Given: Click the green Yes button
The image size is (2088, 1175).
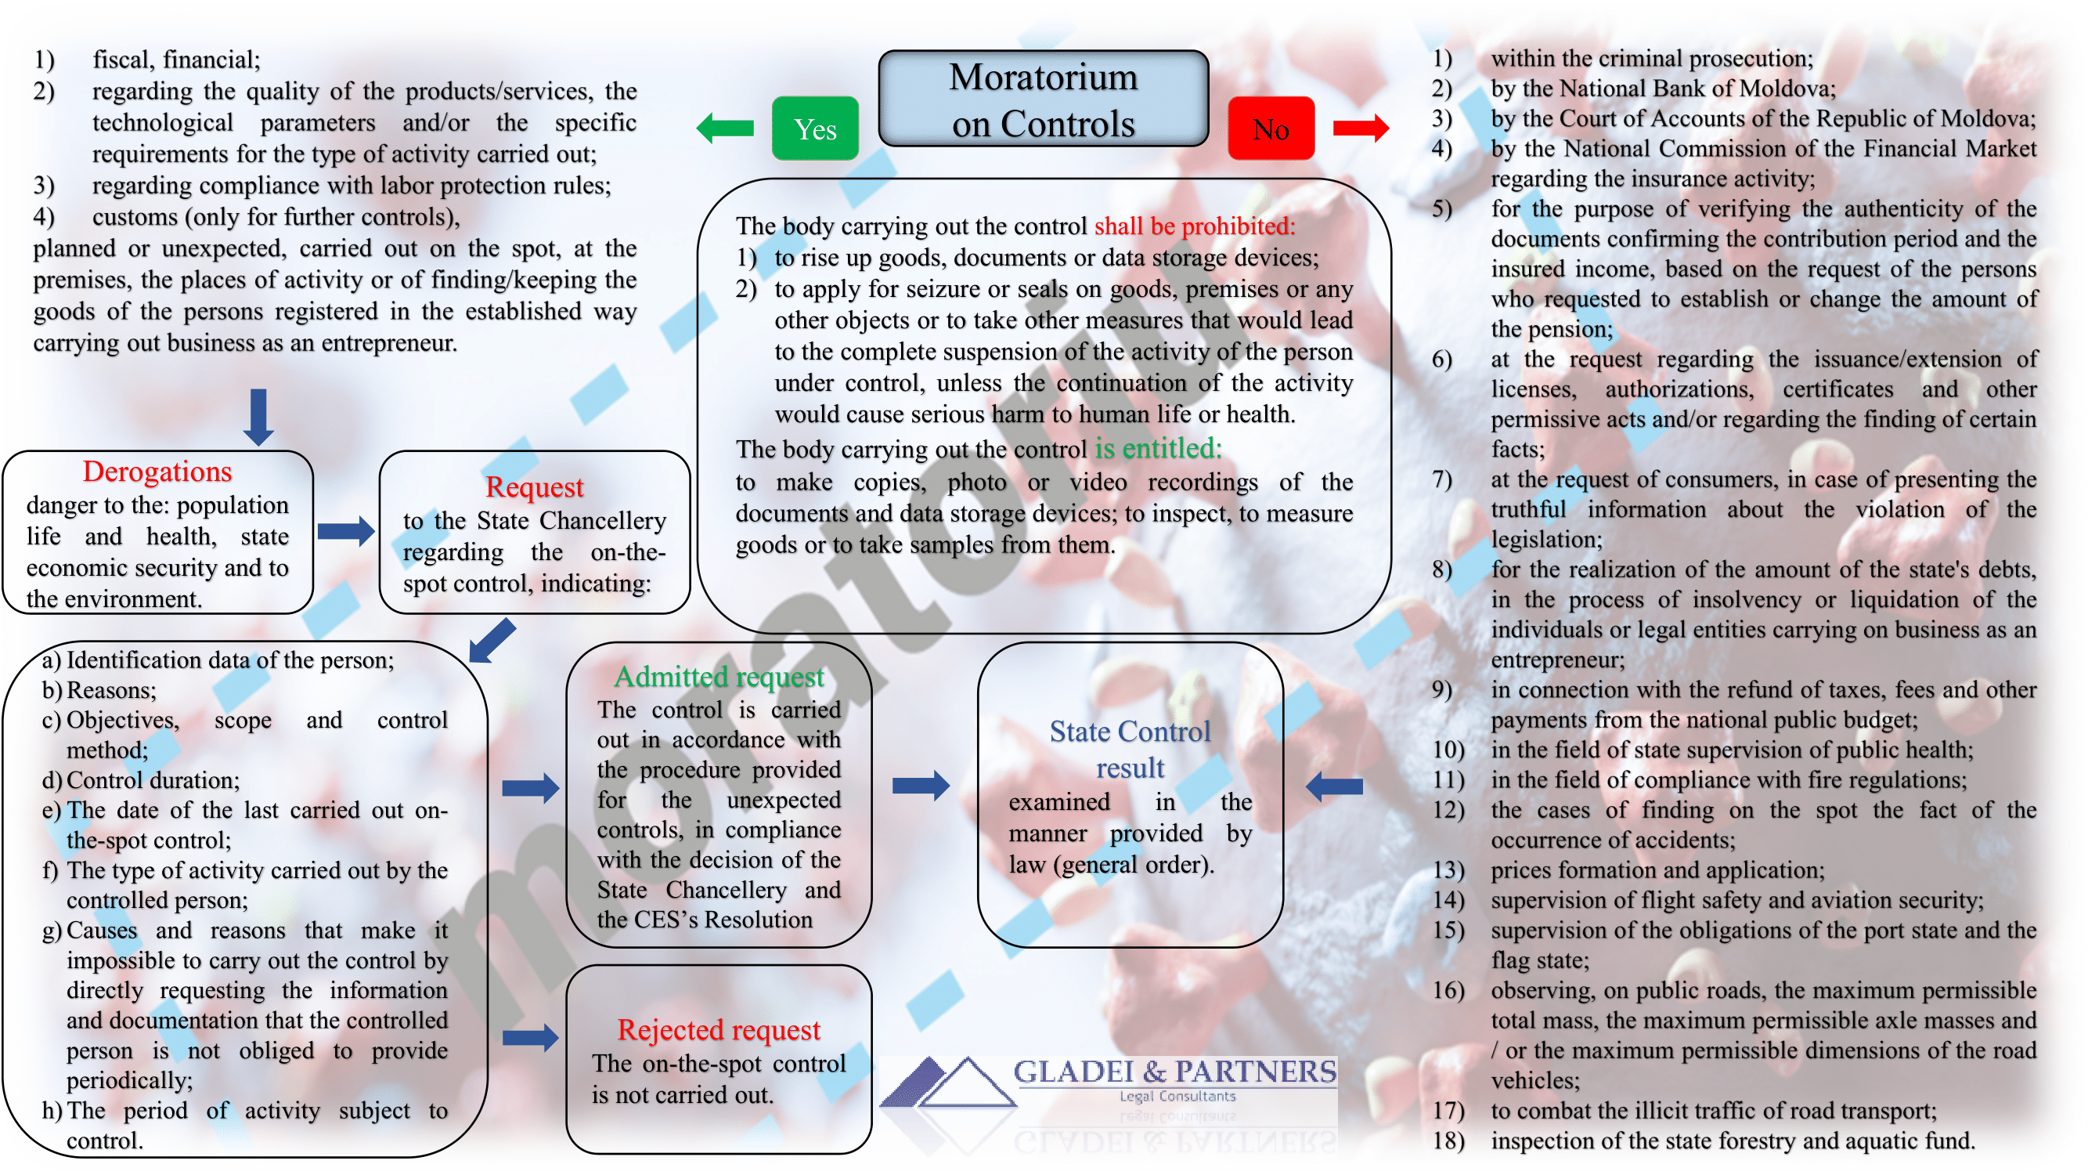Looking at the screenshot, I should (x=815, y=128).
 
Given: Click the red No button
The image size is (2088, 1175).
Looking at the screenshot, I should (x=1270, y=128).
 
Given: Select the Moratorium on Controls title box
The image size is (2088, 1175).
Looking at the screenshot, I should (x=1043, y=99).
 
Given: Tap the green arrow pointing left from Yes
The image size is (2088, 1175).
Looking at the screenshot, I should (x=725, y=128).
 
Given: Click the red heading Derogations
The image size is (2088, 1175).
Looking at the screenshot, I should (x=157, y=471).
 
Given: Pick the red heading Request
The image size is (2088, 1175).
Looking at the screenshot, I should (x=534, y=486).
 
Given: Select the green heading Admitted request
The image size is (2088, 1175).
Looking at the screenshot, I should (x=718, y=676).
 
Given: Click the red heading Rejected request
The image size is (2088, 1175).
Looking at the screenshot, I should (x=718, y=1029).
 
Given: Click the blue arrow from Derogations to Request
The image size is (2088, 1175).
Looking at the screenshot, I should (x=346, y=532).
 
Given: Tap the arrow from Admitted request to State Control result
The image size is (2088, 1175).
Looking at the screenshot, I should (x=921, y=785).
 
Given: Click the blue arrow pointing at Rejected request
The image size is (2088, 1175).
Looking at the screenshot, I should (x=530, y=1036).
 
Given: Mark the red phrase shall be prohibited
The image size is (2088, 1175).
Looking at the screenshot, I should (x=1194, y=226).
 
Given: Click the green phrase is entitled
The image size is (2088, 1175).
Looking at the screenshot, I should (x=1157, y=448).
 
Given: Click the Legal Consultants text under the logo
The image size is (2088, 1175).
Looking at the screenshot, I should (x=1177, y=1097).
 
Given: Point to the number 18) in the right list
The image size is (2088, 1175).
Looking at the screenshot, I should (x=1448, y=1141).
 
